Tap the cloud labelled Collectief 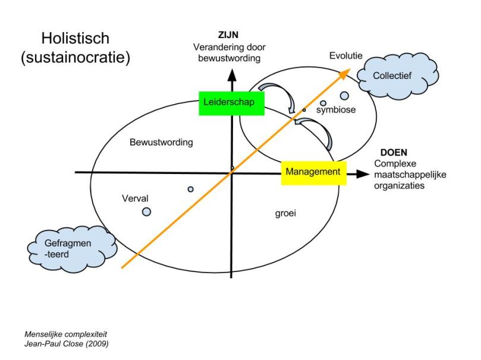point(396,76)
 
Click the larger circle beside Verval point(146,211)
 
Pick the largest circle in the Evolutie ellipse point(344,96)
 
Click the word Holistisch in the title point(76,39)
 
